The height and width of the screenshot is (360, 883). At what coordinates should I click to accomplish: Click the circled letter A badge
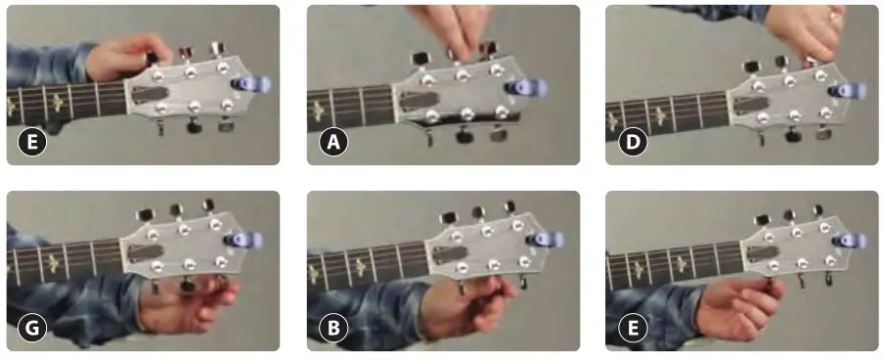pos(334,144)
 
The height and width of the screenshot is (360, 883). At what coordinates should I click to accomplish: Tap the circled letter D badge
pos(634,144)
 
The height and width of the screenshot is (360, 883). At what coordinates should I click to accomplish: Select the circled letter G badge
pos(34,329)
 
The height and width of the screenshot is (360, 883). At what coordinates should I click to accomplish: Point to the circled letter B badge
pos(334,329)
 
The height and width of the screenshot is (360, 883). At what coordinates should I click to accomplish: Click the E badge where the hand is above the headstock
pos(34,144)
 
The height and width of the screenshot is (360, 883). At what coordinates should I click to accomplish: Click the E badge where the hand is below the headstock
pos(634,329)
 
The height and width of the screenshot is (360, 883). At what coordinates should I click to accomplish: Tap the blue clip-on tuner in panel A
pos(517,87)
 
